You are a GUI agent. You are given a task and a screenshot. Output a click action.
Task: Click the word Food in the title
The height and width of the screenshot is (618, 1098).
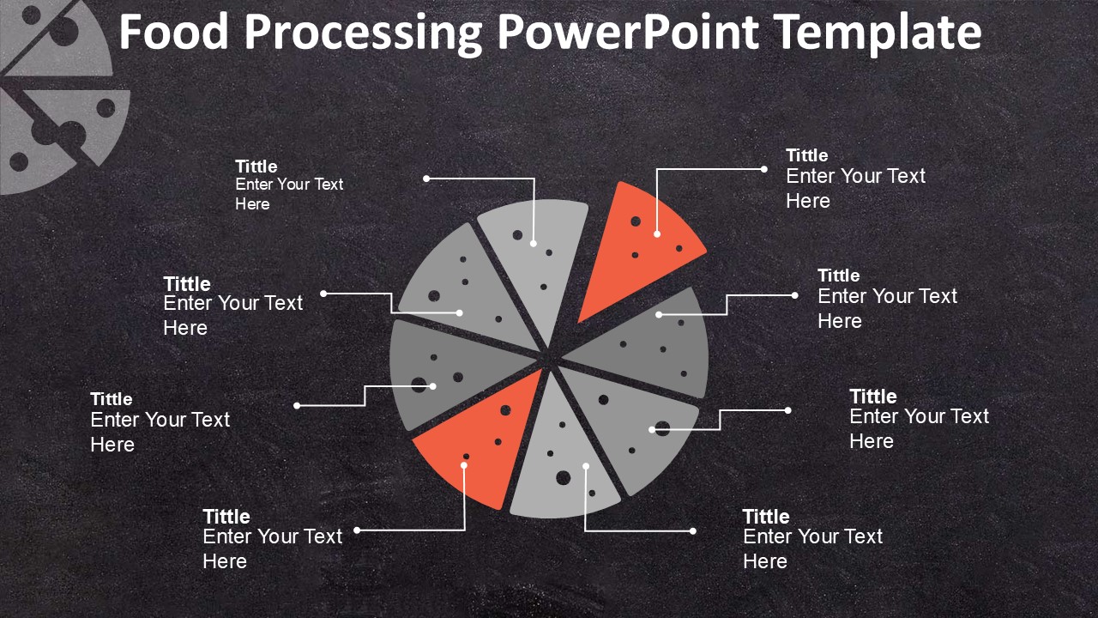point(173,32)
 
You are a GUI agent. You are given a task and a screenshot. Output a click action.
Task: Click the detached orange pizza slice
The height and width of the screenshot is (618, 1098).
point(637,245)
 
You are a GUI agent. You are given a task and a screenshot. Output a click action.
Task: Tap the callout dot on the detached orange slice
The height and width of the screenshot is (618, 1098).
point(657,234)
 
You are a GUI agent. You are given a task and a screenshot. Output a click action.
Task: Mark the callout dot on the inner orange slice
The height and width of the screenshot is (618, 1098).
point(464,465)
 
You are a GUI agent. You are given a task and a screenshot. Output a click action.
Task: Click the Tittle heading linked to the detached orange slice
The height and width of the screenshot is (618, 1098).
point(807,155)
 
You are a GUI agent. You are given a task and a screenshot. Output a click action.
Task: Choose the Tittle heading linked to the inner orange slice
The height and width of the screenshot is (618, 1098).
point(226,517)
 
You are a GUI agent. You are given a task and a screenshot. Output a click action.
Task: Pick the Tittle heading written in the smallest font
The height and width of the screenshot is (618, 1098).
point(256,167)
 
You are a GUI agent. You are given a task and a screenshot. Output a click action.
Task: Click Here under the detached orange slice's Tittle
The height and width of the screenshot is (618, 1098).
point(808,201)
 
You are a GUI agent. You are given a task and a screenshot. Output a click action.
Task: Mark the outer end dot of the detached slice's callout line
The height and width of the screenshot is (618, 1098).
point(763,169)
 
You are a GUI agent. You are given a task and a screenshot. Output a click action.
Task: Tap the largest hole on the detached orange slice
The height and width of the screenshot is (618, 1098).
point(636,221)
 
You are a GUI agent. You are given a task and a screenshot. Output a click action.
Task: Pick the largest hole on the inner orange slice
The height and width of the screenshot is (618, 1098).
point(505,410)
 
